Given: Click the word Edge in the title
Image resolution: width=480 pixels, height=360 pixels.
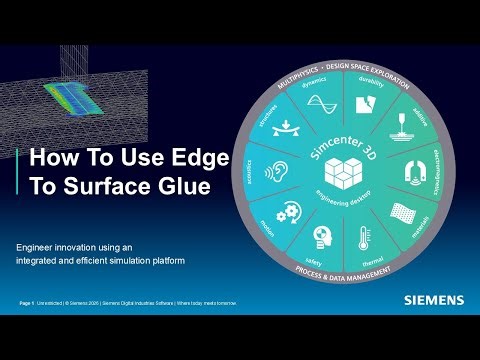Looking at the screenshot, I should click(199, 158).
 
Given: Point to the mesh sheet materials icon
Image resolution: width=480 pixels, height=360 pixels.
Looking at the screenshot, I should click(400, 212).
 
